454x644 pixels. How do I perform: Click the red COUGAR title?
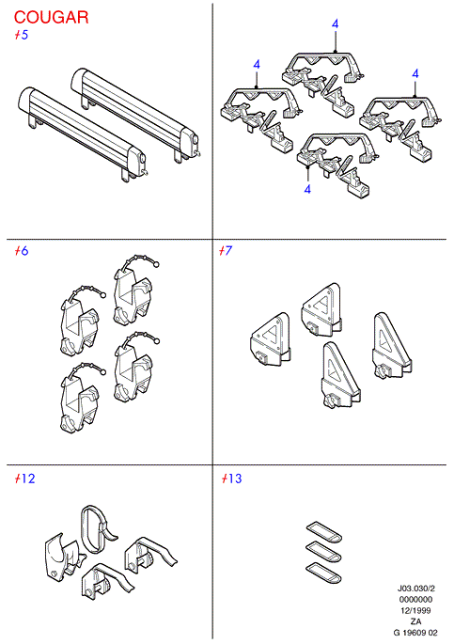pyautogui.click(x=52, y=17)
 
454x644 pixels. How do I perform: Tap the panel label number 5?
pyautogui.click(x=24, y=36)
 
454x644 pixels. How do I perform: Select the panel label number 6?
pyautogui.click(x=24, y=251)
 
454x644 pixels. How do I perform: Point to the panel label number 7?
pyautogui.click(x=228, y=250)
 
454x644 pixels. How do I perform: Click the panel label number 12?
pyautogui.click(x=28, y=479)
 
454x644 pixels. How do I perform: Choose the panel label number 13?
pyautogui.click(x=235, y=479)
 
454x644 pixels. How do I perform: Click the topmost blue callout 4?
pyautogui.click(x=336, y=24)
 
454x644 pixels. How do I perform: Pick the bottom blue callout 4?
pyautogui.click(x=307, y=189)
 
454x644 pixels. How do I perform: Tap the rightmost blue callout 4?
pyautogui.click(x=415, y=74)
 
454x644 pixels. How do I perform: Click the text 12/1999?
pyautogui.click(x=415, y=611)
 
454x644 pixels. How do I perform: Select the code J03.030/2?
pyautogui.click(x=415, y=589)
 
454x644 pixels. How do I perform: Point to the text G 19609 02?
pyautogui.click(x=415, y=633)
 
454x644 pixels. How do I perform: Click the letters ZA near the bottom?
pyautogui.click(x=415, y=621)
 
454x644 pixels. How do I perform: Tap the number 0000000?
pyautogui.click(x=415, y=600)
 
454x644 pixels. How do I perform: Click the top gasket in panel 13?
pyautogui.click(x=324, y=531)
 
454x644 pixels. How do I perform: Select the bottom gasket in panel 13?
pyautogui.click(x=324, y=573)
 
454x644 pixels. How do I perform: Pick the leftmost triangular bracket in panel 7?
pyautogui.click(x=270, y=339)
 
